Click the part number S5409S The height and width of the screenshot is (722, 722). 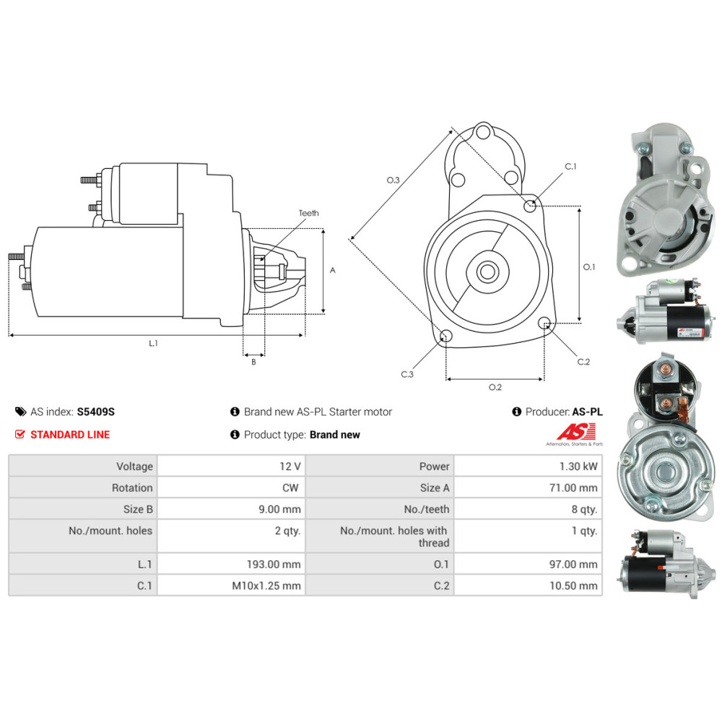96,412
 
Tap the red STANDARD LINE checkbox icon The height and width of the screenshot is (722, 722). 19,434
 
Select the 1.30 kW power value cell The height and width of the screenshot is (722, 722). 529,466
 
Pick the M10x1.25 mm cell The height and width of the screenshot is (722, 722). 231,586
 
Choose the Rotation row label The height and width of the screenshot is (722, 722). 132,487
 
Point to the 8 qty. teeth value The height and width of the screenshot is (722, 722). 584,509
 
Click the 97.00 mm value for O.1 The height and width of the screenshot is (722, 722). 573,564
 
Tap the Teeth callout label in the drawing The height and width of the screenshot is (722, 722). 308,213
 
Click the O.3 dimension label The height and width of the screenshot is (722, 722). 393,180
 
